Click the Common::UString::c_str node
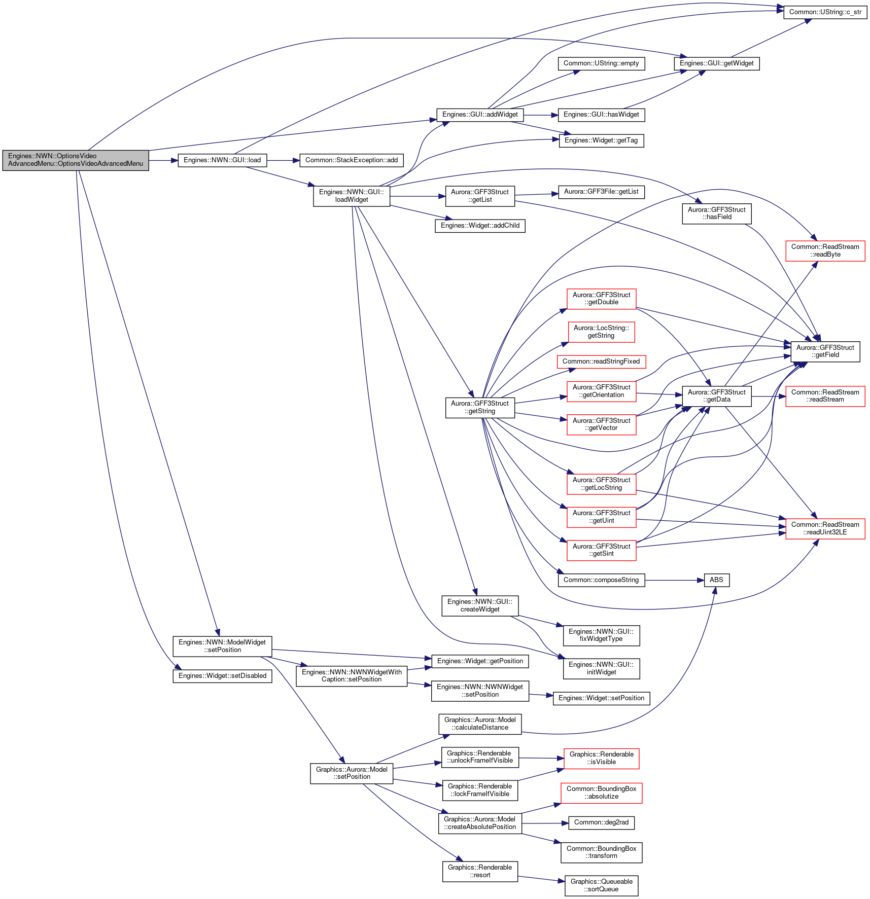tap(825, 12)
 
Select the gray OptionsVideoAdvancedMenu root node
tap(76, 160)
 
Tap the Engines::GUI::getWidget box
tap(716, 63)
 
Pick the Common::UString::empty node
tap(601, 63)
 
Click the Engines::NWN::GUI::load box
tap(222, 160)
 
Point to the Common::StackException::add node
tap(352, 160)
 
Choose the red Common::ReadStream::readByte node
tap(825, 251)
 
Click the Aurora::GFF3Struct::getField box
tap(825, 351)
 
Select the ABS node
tap(716, 580)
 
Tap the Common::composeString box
tap(601, 580)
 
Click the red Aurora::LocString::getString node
tap(601, 332)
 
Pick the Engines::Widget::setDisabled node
tap(222, 676)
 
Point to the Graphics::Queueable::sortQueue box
tap(601, 886)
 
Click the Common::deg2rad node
tap(601, 822)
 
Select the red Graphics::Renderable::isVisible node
tap(601, 759)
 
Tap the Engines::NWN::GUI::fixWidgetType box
tap(601, 635)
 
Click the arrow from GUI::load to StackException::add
tap(283, 160)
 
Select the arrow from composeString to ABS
tap(674, 580)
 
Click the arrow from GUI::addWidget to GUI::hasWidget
tap(541, 115)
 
